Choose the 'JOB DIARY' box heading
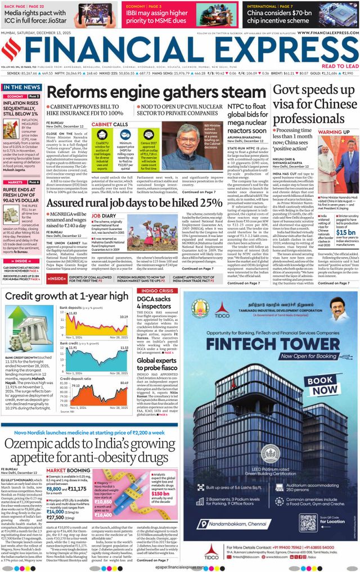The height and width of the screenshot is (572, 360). (104, 216)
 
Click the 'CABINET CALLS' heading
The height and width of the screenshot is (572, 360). (110, 124)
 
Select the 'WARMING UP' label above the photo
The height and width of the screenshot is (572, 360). (331, 132)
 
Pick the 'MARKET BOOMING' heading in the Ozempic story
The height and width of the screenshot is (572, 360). (68, 470)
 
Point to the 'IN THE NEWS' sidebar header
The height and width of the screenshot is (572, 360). (21, 88)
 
